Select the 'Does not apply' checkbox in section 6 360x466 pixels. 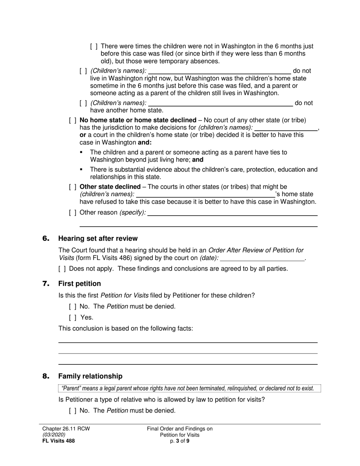point(62,269)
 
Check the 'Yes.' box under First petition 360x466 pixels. point(73,317)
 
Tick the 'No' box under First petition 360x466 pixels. point(73,306)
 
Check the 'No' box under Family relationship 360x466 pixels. point(73,410)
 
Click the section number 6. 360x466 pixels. point(46,238)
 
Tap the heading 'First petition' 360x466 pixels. point(80,284)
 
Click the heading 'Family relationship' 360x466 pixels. point(90,376)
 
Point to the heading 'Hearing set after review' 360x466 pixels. point(98,238)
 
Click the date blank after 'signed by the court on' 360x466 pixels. point(262,258)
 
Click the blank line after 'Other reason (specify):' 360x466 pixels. point(232,213)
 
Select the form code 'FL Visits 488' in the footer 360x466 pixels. point(58,441)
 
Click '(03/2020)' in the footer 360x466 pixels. point(54,435)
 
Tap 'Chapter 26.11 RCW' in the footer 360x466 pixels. point(66,429)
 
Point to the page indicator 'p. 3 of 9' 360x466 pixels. point(180,441)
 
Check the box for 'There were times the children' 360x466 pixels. point(94,47)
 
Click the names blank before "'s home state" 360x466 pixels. point(205,194)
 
